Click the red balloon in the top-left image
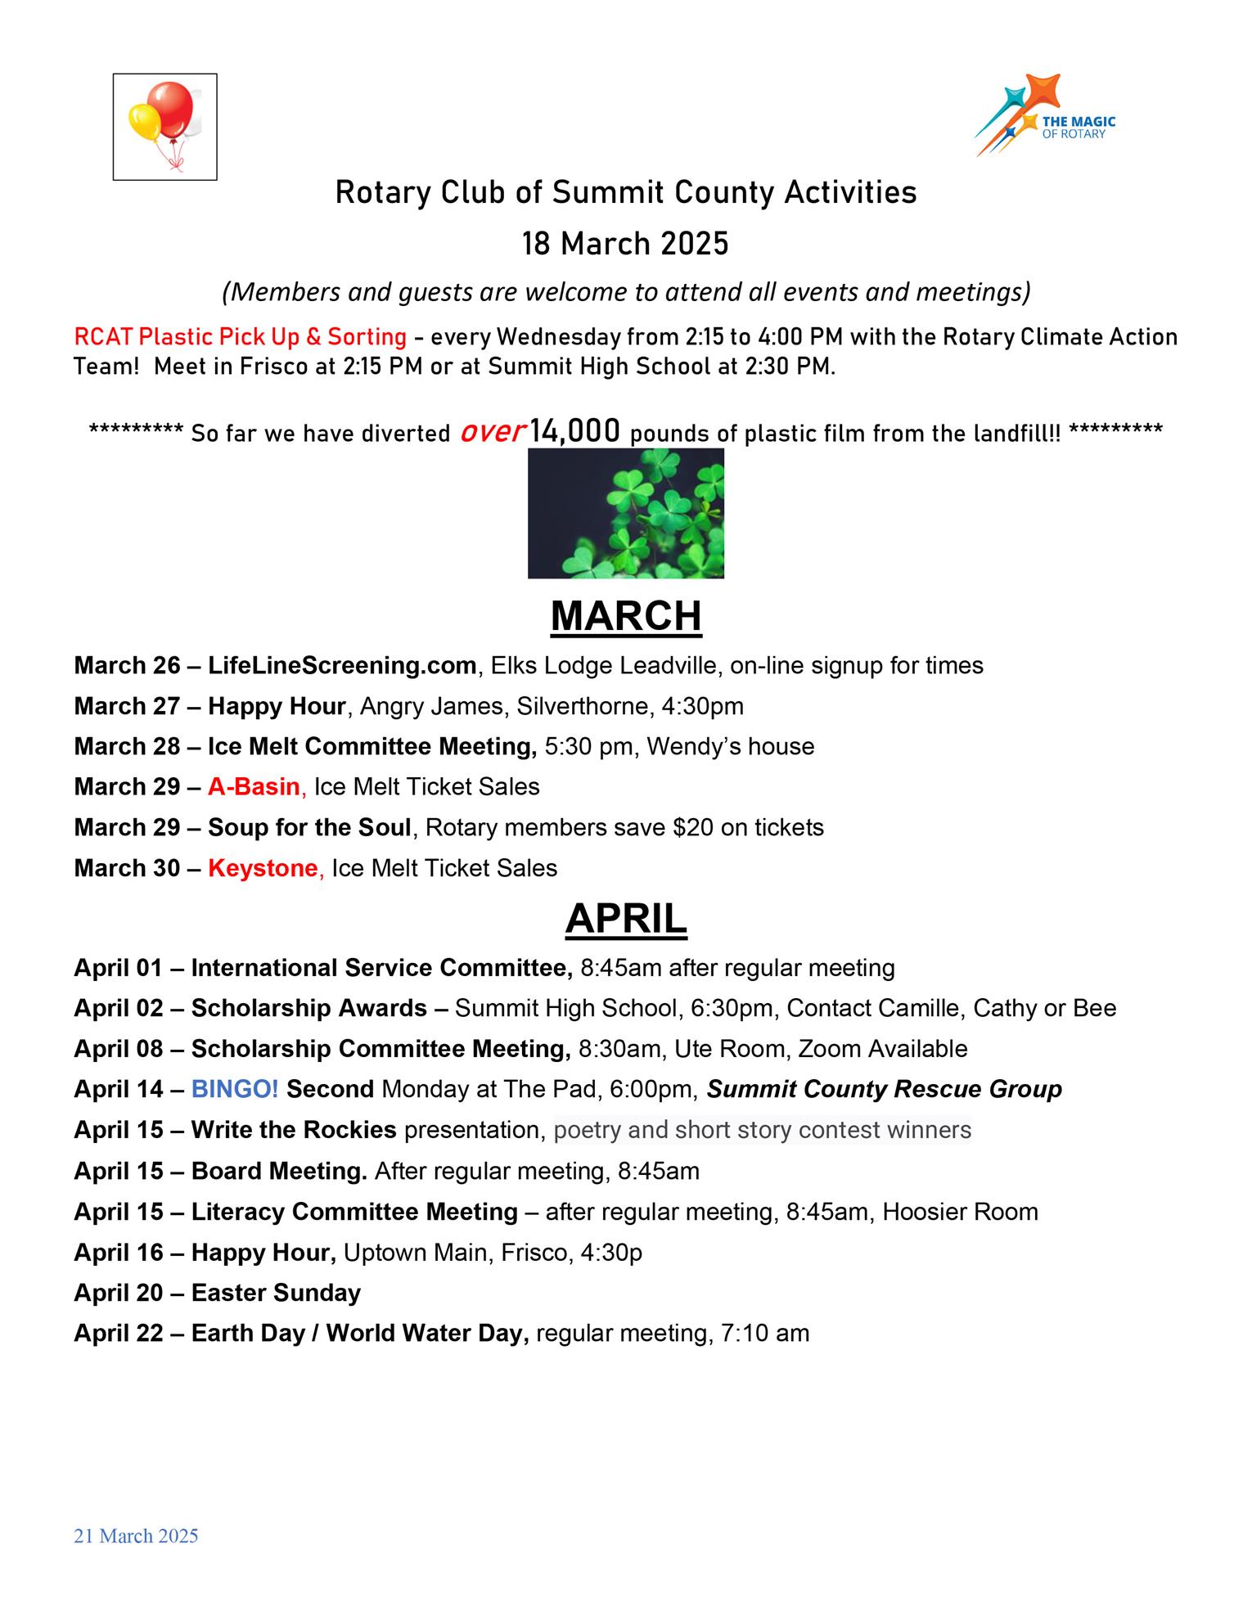pyautogui.click(x=175, y=109)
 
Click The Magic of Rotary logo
pyautogui.click(x=1045, y=115)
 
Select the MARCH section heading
pyautogui.click(x=626, y=616)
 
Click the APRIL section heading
pyautogui.click(x=626, y=919)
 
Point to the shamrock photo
pyautogui.click(x=626, y=513)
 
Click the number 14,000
pyautogui.click(x=574, y=431)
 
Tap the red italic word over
pyautogui.click(x=492, y=431)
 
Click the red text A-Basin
pyautogui.click(x=254, y=786)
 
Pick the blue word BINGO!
pyautogui.click(x=235, y=1089)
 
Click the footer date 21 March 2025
pyautogui.click(x=136, y=1536)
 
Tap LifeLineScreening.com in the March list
pyautogui.click(x=342, y=665)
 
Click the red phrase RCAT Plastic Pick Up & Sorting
pyautogui.click(x=240, y=336)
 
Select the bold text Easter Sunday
pyautogui.click(x=276, y=1293)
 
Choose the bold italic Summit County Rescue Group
pyautogui.click(x=885, y=1089)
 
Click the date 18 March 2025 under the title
pyautogui.click(x=626, y=244)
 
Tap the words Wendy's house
pyautogui.click(x=731, y=746)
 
